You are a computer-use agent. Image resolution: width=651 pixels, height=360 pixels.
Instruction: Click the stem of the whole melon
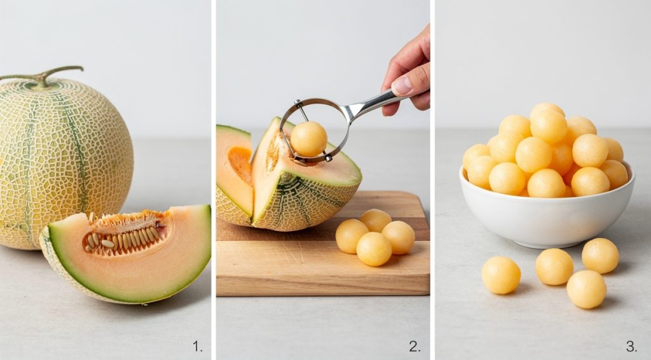45,75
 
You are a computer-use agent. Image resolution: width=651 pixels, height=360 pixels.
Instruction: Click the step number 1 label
198,347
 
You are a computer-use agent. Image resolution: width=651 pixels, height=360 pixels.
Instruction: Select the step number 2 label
415,347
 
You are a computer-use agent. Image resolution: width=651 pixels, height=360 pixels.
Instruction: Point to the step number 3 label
631,347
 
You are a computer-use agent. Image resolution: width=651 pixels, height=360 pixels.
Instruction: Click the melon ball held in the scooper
309,139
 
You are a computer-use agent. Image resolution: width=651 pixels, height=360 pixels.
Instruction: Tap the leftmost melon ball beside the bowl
501,275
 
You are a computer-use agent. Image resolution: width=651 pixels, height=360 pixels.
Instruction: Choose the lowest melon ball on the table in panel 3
586,289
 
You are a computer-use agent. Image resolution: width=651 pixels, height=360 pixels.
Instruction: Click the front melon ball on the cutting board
374,249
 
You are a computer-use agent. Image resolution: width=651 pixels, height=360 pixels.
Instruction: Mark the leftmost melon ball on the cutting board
352,236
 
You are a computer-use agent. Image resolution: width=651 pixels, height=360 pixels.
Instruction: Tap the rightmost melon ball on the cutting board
399,237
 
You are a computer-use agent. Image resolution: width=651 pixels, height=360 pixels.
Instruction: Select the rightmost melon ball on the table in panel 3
600,255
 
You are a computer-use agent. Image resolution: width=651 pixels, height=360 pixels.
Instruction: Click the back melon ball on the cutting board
376,220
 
